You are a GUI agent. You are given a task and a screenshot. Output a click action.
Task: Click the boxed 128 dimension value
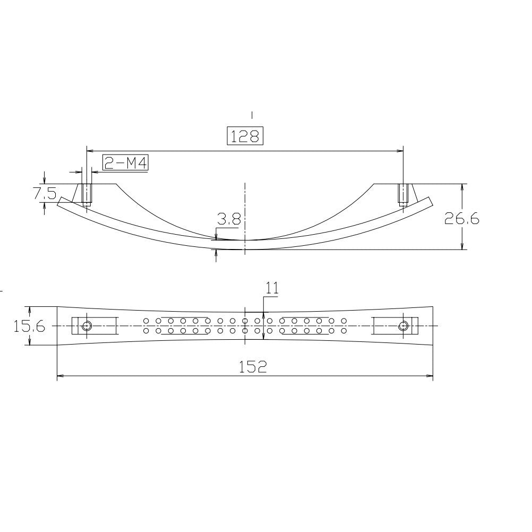tap(245, 136)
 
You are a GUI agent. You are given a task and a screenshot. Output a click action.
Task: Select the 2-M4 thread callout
tap(125, 163)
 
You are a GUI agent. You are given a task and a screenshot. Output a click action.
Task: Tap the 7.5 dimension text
tap(45, 193)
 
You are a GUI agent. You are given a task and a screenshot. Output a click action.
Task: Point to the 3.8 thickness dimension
tap(228, 219)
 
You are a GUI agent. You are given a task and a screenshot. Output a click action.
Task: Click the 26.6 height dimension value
tap(461, 218)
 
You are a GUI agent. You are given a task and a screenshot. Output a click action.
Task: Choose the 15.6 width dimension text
tap(29, 326)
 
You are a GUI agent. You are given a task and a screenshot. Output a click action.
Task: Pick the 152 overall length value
tap(252, 366)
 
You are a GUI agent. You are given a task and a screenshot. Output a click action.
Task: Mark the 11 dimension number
tap(272, 288)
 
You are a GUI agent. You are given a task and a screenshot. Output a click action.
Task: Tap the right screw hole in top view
tap(404, 325)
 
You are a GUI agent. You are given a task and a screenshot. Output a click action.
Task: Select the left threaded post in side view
tap(87, 195)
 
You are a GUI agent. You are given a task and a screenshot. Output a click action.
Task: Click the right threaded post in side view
tap(404, 195)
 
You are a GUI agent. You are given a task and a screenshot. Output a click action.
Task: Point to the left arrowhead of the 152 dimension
tap(60, 376)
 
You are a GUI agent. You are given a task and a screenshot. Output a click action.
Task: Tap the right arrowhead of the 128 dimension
tap(400, 151)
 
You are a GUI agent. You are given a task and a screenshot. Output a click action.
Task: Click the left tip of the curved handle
tap(60, 200)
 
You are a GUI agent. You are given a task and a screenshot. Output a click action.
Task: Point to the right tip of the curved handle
tap(430, 200)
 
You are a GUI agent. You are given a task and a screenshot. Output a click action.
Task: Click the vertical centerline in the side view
tap(245, 212)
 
